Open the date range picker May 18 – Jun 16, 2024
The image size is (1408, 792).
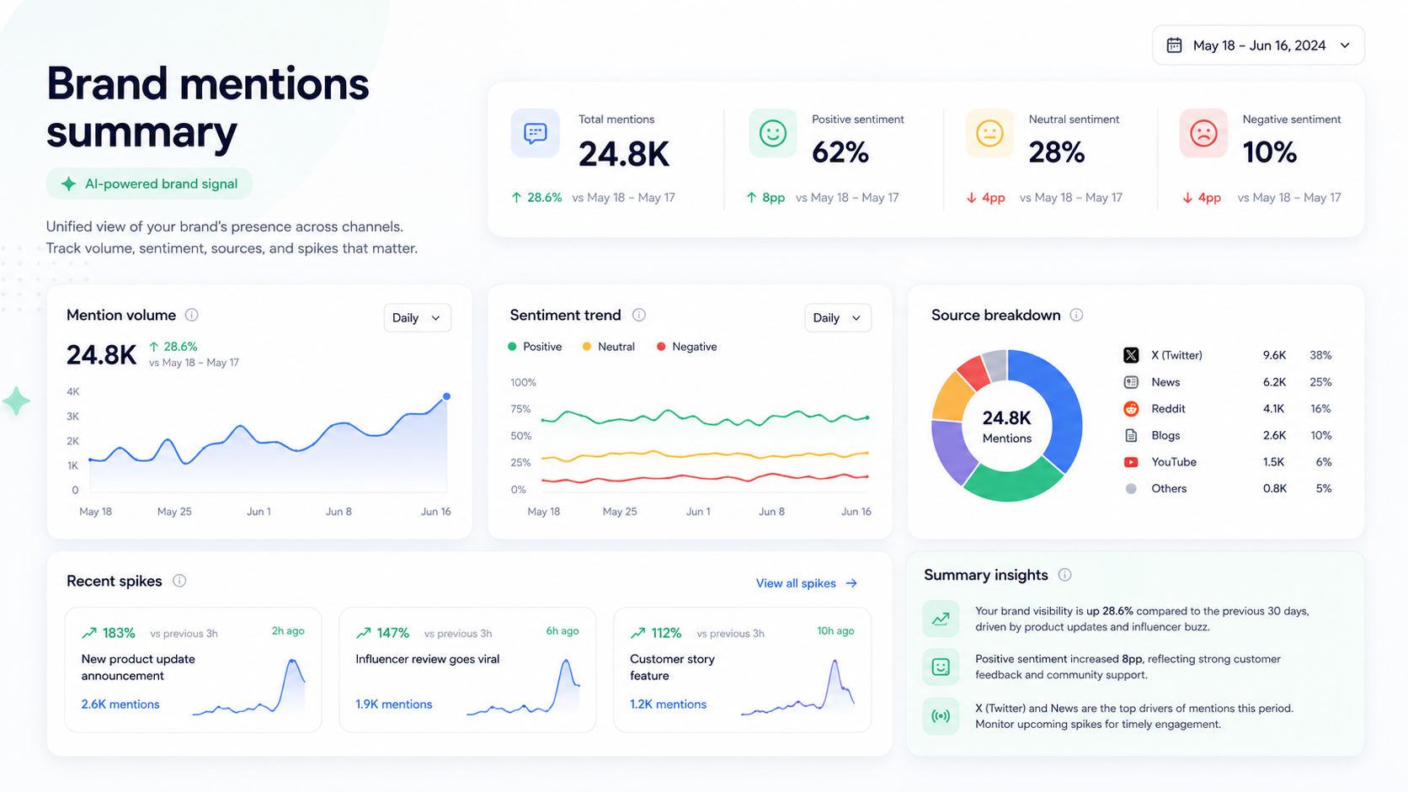point(1258,45)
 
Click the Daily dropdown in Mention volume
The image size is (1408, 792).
point(418,318)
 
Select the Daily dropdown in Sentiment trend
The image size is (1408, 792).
point(838,318)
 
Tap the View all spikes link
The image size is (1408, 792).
point(807,583)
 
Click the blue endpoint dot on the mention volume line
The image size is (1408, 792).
point(446,396)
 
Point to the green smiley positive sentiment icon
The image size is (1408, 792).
point(772,133)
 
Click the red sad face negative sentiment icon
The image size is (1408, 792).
point(1203,133)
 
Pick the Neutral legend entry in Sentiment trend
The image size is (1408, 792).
point(609,347)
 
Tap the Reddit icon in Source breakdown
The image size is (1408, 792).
point(1131,409)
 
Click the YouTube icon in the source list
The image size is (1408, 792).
point(1131,462)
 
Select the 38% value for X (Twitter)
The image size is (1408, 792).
point(1320,355)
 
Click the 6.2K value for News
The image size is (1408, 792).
point(1274,382)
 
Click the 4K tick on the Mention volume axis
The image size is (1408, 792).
point(73,392)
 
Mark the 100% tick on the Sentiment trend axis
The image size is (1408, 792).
point(523,382)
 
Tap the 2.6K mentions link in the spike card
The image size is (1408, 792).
point(120,704)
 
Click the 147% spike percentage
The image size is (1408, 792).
point(393,633)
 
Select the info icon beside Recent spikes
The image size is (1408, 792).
point(179,581)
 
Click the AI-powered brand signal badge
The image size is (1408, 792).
point(149,184)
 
